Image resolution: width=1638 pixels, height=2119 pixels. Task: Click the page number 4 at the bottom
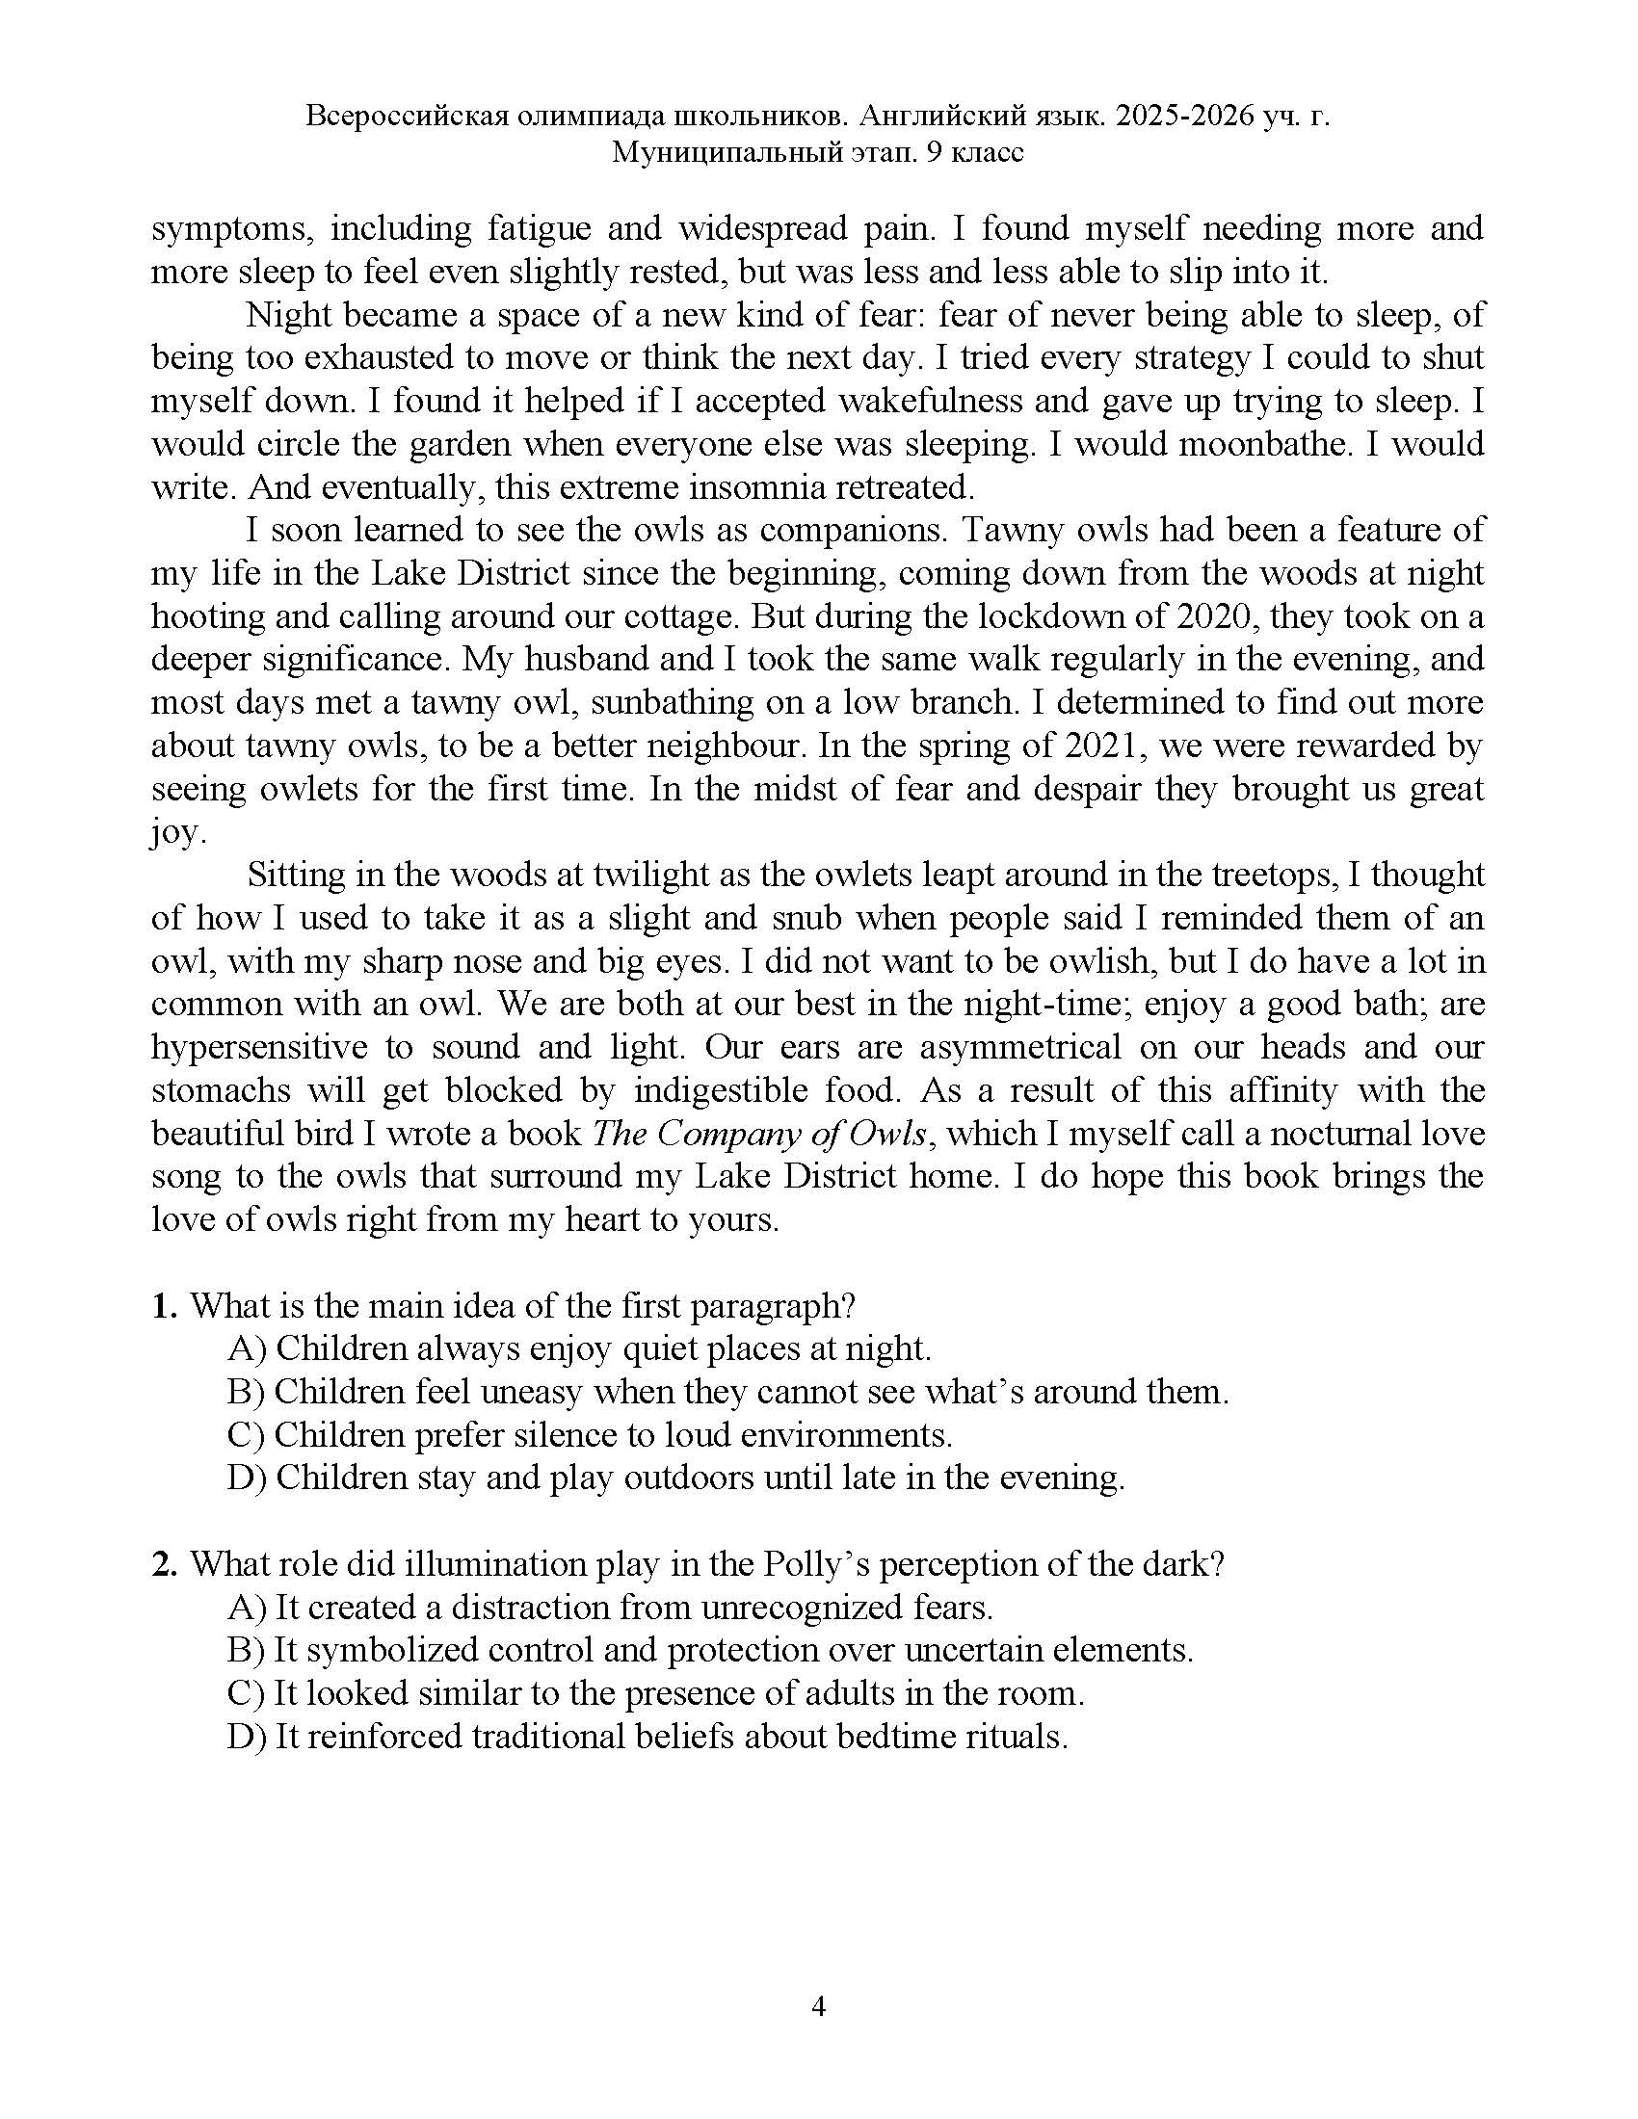(818, 2005)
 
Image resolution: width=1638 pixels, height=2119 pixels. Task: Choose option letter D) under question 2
(248, 1736)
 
